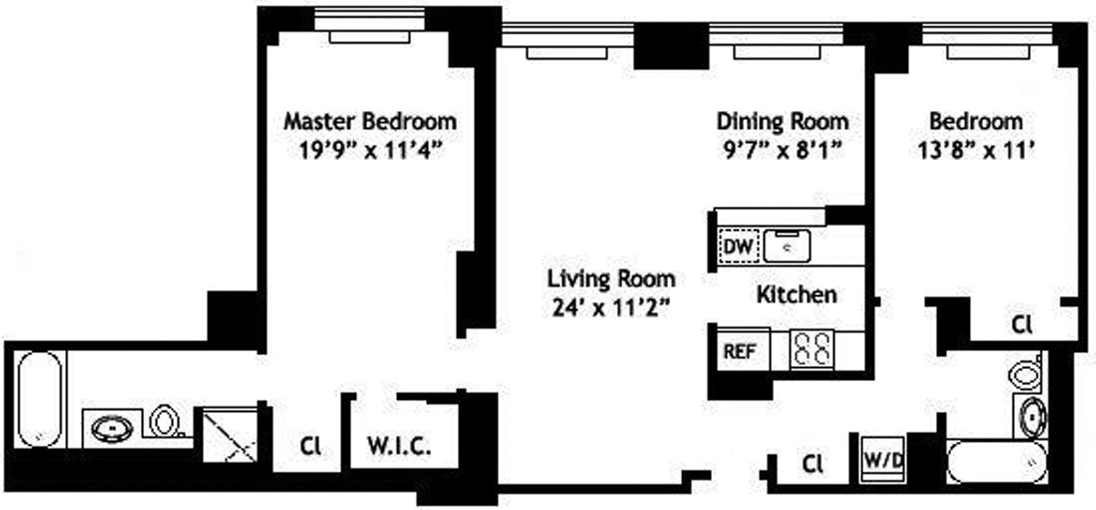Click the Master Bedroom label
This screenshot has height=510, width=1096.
[370, 121]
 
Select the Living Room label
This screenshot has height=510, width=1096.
[611, 279]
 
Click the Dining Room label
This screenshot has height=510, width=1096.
[782, 121]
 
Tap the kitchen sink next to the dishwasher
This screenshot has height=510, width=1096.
[787, 246]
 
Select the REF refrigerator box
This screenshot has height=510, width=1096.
[740, 351]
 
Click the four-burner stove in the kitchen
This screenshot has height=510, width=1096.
[812, 348]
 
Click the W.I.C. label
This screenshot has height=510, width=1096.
[399, 446]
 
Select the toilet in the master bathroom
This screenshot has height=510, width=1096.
[164, 421]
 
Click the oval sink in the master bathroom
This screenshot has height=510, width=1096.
[113, 428]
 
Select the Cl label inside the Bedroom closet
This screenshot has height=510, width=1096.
[1021, 325]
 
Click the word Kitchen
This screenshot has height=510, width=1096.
[796, 295]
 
